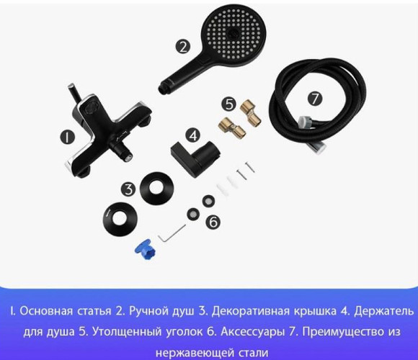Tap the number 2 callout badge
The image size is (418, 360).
pyautogui.click(x=183, y=46)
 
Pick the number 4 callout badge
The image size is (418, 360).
pyautogui.click(x=192, y=135)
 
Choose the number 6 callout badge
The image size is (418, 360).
pyautogui.click(x=213, y=222)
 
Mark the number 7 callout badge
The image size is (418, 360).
pyautogui.click(x=315, y=99)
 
